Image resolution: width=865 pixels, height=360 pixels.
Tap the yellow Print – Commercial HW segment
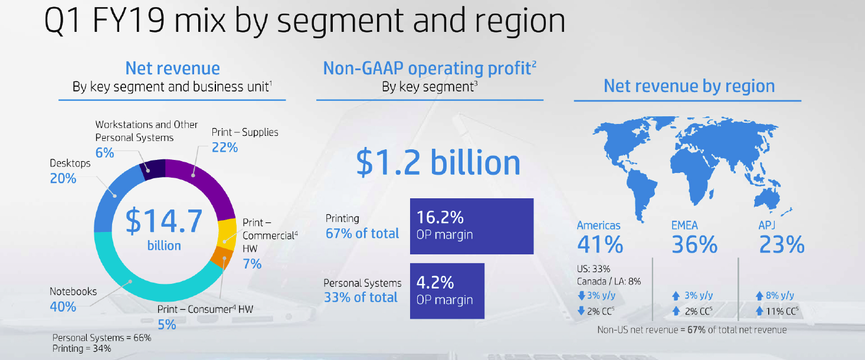click(227, 234)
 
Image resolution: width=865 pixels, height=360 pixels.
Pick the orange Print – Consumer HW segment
click(223, 257)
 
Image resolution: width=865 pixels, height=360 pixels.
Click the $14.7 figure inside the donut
click(163, 221)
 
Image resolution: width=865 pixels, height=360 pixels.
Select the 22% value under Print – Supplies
click(224, 148)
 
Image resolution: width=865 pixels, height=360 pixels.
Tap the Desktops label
click(70, 163)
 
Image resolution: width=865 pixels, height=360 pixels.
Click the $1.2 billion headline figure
click(438, 163)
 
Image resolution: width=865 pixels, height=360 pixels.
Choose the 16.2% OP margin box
click(471, 227)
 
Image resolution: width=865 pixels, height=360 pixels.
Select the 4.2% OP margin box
click(447, 291)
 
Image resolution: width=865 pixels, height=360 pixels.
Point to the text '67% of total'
click(362, 233)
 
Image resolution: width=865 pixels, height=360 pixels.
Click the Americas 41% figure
click(600, 244)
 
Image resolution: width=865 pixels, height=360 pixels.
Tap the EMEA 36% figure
click(694, 244)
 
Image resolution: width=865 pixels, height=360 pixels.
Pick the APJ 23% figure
click(782, 244)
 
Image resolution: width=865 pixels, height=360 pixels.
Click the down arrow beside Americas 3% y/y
click(581, 296)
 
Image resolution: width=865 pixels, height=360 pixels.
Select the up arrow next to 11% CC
click(759, 311)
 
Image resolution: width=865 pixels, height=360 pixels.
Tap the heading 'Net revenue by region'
click(689, 86)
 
